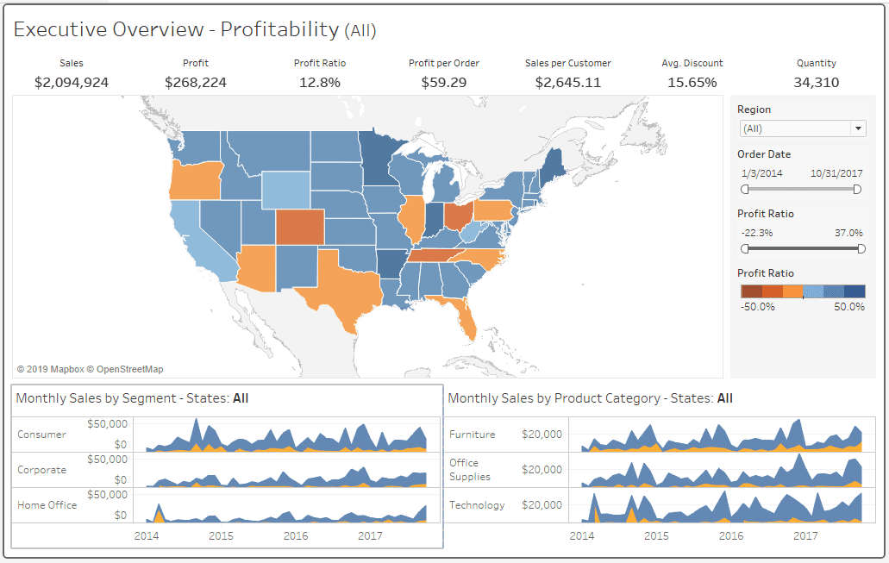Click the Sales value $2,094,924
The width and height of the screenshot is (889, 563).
tap(72, 83)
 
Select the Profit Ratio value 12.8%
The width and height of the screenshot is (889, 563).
tap(320, 83)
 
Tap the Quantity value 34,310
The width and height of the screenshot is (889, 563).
tap(816, 83)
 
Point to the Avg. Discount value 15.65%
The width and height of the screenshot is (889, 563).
tap(692, 83)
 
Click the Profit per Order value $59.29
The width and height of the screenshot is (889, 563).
tap(444, 83)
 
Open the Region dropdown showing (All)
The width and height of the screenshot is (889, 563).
tap(802, 128)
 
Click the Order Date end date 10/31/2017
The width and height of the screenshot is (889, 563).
tap(836, 173)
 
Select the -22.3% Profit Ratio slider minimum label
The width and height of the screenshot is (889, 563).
tap(756, 233)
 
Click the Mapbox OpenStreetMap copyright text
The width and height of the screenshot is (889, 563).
tap(90, 369)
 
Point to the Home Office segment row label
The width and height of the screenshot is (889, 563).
tap(47, 505)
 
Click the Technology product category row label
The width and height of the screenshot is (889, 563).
tap(477, 505)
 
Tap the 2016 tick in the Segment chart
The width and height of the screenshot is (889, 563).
tap(296, 535)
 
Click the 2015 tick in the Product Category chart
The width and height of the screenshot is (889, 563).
tap(656, 535)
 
